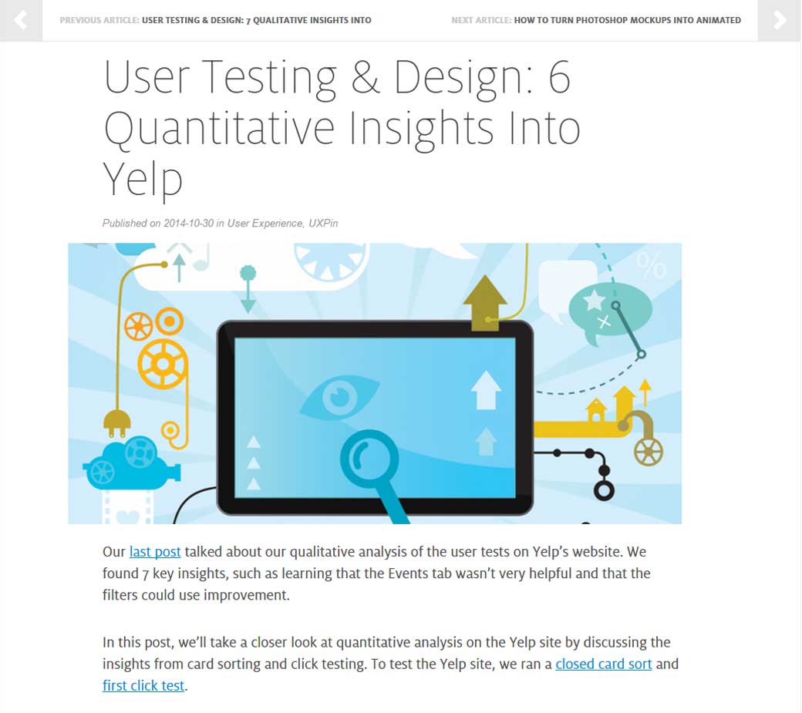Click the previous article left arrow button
click(x=20, y=20)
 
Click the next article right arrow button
click(x=780, y=20)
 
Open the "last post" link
click(x=155, y=552)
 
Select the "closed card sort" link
click(x=603, y=664)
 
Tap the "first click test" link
click(x=143, y=685)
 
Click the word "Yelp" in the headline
click(x=143, y=179)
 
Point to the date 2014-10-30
click(x=189, y=224)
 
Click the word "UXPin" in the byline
click(x=323, y=224)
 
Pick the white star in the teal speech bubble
click(x=595, y=301)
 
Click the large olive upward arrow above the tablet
click(x=484, y=302)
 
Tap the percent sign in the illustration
click(x=652, y=266)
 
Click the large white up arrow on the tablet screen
click(x=486, y=389)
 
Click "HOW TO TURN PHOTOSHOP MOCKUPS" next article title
click(x=627, y=20)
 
